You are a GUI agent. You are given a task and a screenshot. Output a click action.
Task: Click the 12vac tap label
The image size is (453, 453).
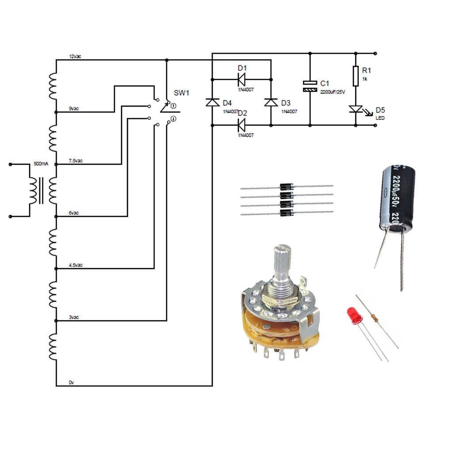75,57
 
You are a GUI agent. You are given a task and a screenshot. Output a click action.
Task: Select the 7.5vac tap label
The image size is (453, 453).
76,161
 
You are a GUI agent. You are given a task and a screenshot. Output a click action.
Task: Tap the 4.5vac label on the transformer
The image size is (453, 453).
76,265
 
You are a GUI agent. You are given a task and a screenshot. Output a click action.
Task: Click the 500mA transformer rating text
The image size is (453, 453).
41,164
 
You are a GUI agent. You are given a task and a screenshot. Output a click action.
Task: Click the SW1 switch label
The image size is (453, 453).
181,93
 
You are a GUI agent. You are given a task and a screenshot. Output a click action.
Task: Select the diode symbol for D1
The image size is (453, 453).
242,79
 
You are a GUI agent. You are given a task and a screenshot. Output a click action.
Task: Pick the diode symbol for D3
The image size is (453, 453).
270,102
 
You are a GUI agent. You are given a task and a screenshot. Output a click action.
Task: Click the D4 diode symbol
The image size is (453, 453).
212,102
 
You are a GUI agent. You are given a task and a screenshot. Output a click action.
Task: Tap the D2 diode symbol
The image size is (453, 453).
242,125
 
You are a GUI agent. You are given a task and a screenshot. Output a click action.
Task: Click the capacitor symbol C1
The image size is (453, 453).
310,86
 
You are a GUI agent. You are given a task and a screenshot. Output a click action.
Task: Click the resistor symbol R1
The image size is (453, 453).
356,76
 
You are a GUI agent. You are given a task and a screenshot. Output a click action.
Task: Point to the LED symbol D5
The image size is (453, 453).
356,109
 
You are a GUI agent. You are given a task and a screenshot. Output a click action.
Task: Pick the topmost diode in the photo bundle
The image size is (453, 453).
287,187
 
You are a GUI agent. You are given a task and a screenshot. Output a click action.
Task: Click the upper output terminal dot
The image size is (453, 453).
375,54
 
